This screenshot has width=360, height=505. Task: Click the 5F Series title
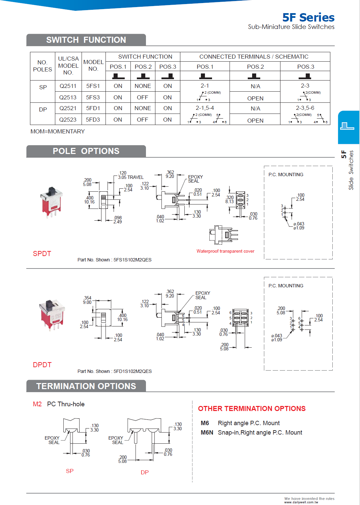click(308, 18)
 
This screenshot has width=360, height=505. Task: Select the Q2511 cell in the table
click(68, 86)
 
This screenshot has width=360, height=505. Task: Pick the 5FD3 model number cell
click(93, 120)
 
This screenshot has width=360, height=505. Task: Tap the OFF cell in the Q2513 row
click(143, 97)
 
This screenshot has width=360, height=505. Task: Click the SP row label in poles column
click(43, 87)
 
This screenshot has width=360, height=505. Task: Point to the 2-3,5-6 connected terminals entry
click(305, 108)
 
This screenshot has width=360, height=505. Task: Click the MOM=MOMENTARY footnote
click(58, 131)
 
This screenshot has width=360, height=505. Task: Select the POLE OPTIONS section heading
click(86, 151)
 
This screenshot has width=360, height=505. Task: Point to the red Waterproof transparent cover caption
click(225, 251)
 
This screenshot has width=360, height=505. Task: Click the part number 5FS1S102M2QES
click(132, 260)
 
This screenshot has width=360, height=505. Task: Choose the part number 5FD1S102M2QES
click(132, 371)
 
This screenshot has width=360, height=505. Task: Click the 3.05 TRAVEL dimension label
click(130, 177)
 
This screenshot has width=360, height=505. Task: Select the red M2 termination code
click(37, 404)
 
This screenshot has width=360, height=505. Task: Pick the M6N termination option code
click(207, 433)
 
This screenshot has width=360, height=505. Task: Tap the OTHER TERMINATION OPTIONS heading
click(251, 409)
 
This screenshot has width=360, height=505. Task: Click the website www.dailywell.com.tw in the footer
click(301, 502)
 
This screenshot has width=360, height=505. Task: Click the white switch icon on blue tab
click(347, 126)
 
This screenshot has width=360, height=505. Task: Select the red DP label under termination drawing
click(145, 472)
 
